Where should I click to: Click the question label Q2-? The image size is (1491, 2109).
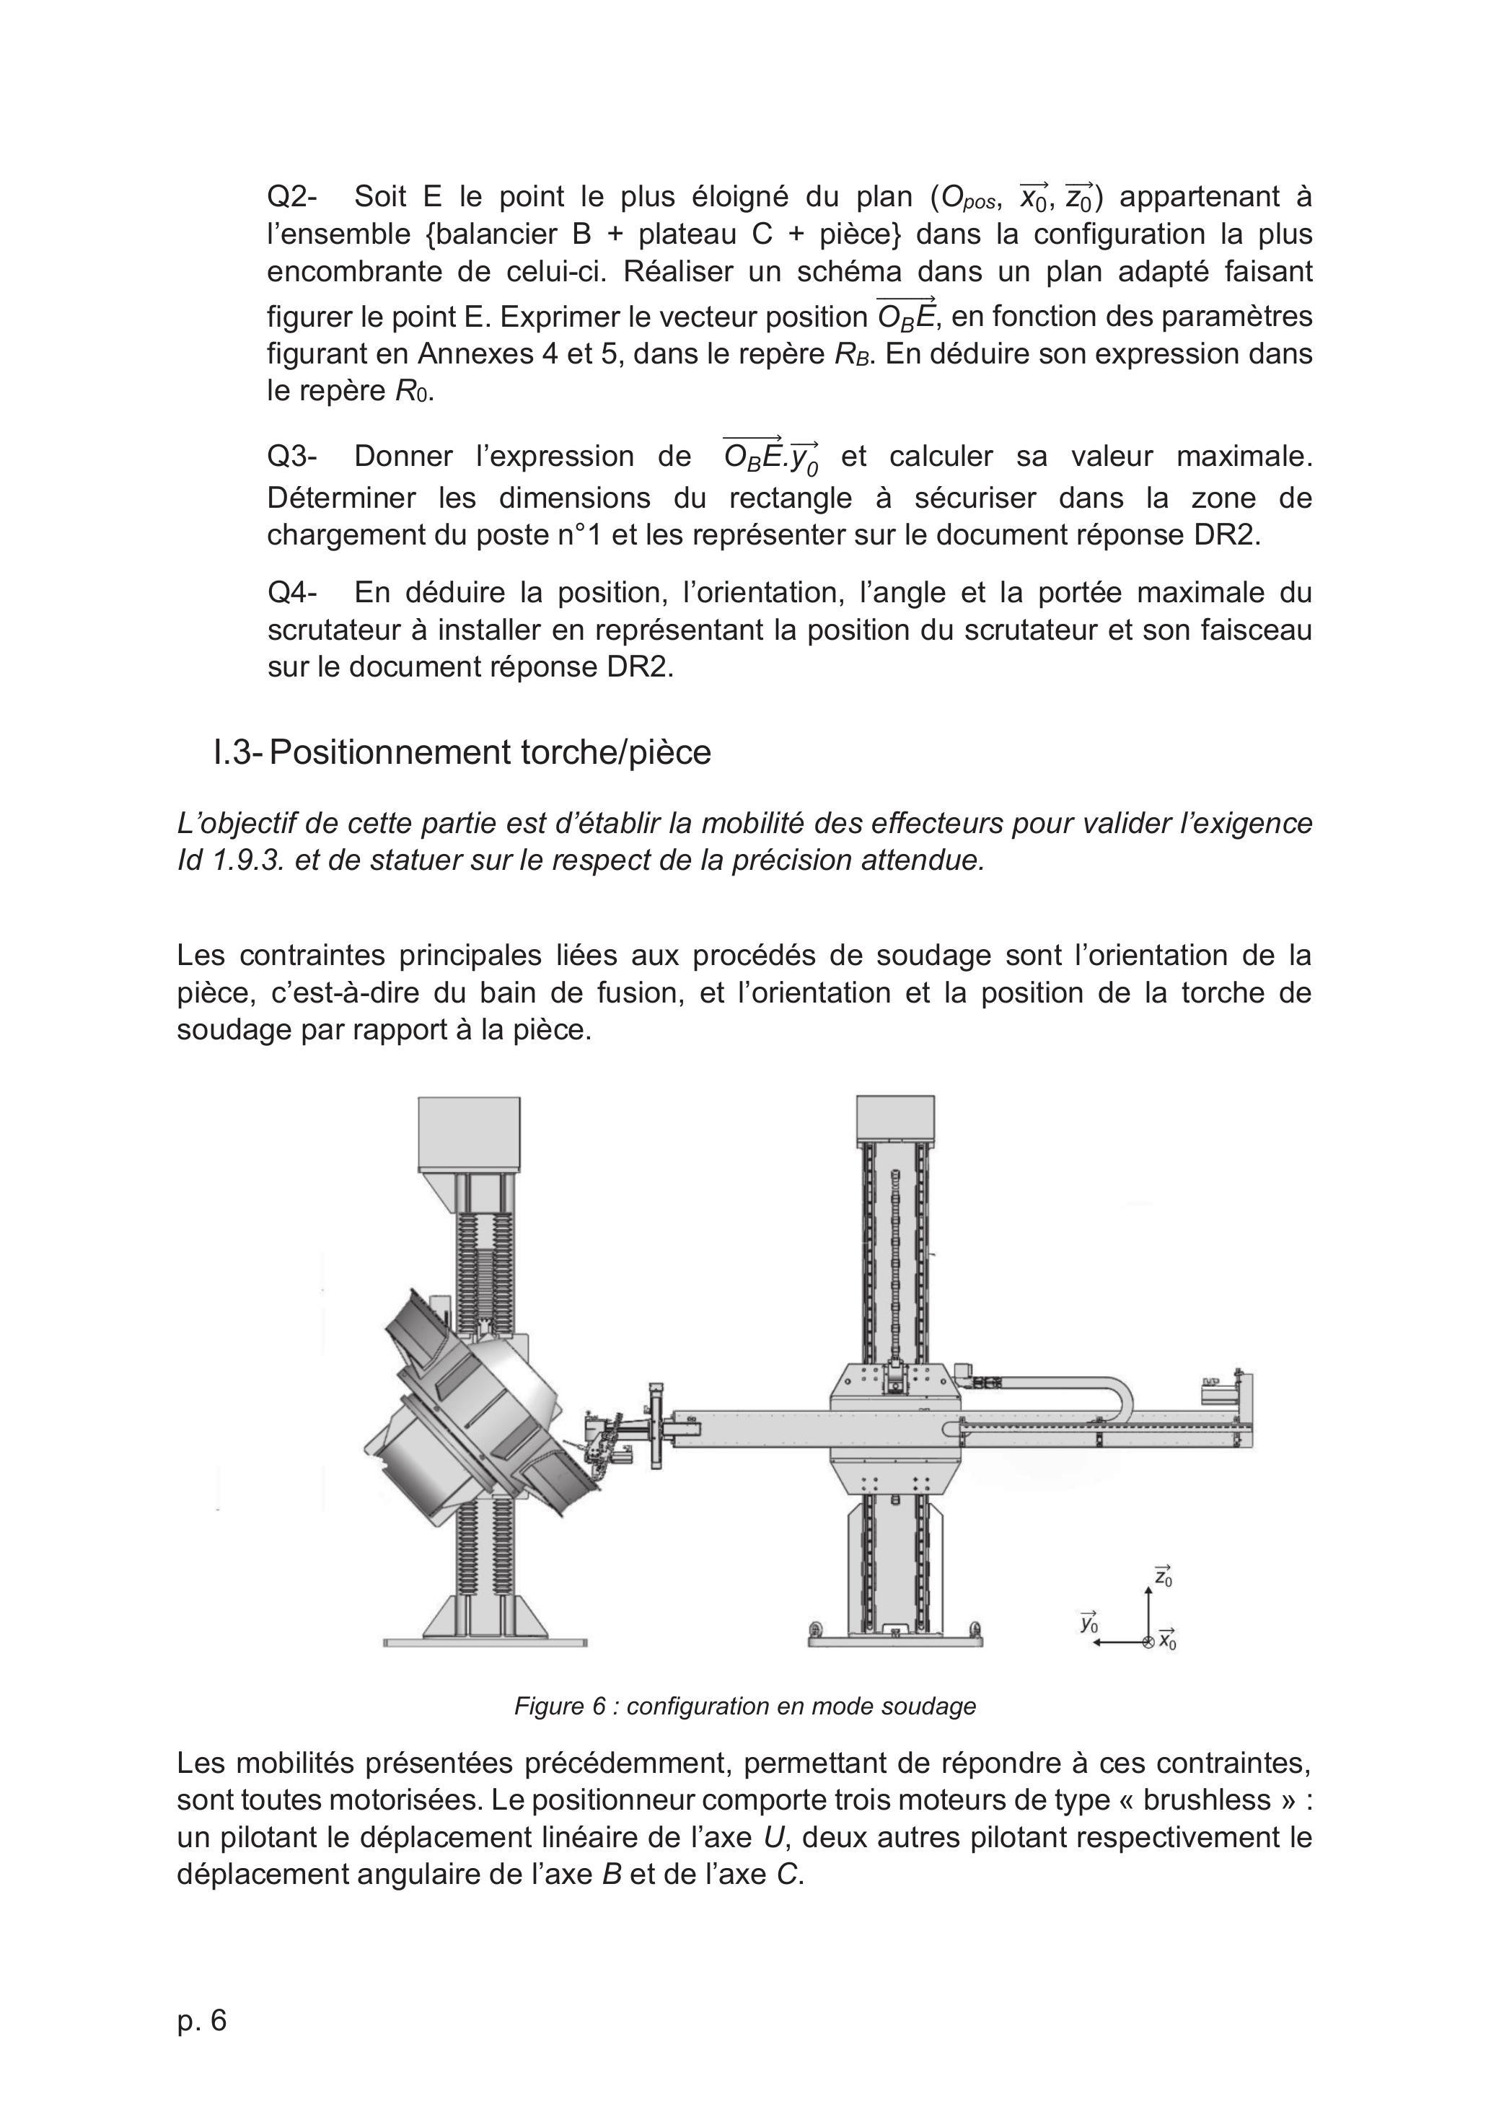pyautogui.click(x=292, y=197)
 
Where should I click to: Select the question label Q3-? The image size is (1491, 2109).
pyautogui.click(x=292, y=456)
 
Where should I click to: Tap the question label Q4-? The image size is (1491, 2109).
pyautogui.click(x=292, y=592)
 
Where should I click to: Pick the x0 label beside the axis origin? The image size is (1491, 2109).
pyautogui.click(x=1168, y=1638)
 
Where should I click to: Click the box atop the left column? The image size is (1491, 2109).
pyautogui.click(x=469, y=1135)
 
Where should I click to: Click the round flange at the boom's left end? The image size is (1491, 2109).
pyautogui.click(x=656, y=1425)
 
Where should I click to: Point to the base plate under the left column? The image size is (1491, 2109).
pyautogui.click(x=485, y=1642)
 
